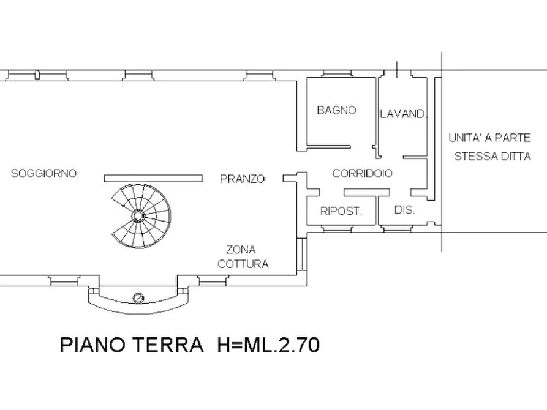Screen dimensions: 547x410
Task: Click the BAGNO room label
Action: [x=336, y=110]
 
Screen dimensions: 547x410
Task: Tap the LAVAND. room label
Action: [x=403, y=114]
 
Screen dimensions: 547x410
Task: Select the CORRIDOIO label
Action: [x=362, y=173]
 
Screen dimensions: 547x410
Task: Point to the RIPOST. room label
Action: [x=341, y=211]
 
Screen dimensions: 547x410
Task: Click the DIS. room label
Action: [x=404, y=209]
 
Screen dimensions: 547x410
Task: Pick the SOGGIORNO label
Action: [x=43, y=173]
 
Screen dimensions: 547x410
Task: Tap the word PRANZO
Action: [x=242, y=179]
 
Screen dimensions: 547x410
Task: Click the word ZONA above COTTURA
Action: [x=241, y=250]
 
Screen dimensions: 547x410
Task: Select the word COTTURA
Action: [x=243, y=264]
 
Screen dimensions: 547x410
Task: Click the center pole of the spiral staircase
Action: [x=138, y=216]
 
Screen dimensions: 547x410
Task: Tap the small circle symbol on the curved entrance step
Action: [x=138, y=298]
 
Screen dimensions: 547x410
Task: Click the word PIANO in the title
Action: [x=92, y=345]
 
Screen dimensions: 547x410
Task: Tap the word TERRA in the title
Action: [x=169, y=345]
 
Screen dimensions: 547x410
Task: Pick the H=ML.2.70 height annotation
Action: [x=268, y=345]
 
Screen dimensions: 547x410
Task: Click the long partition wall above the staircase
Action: [x=153, y=179]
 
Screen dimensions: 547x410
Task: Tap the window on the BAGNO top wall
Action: [x=337, y=74]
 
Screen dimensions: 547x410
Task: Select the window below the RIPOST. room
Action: [x=337, y=228]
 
